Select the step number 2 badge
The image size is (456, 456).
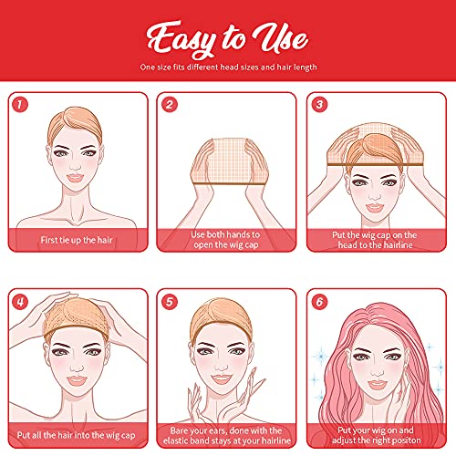click(x=169, y=105)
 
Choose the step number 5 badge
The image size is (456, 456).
click(x=169, y=301)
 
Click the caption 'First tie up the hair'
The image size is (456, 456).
click(x=79, y=241)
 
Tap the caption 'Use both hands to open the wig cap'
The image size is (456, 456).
click(x=228, y=240)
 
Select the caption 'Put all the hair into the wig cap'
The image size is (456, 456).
click(x=79, y=436)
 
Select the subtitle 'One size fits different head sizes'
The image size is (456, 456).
click(x=228, y=67)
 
